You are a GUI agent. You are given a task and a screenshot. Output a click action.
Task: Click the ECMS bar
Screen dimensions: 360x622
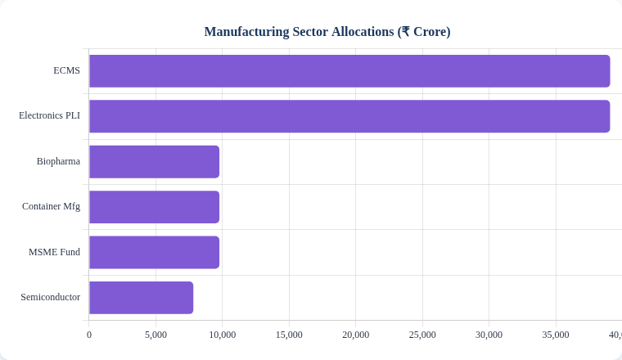click(349, 71)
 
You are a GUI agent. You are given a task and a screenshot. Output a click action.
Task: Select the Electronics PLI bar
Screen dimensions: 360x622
click(349, 116)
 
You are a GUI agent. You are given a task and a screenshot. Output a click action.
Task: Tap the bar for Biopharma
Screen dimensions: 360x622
click(154, 162)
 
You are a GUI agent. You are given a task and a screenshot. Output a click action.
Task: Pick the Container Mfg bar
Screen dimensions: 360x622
click(154, 207)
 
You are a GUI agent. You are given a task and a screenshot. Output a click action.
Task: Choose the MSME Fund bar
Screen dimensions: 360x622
click(154, 252)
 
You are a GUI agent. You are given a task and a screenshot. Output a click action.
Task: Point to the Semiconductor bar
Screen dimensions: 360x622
click(141, 298)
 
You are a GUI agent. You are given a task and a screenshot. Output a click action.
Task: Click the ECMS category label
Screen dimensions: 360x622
click(66, 70)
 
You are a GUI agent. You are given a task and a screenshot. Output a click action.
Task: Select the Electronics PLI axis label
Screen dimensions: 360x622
click(49, 115)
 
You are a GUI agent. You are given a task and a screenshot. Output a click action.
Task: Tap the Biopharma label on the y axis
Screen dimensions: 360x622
click(58, 161)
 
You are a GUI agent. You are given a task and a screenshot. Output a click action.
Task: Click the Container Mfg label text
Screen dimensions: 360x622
click(51, 206)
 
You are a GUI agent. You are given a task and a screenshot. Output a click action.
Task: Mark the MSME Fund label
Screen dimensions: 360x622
click(54, 252)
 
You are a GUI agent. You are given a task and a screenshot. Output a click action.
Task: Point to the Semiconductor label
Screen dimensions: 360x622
click(50, 297)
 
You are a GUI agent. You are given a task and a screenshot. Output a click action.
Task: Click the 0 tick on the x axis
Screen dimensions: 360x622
click(89, 335)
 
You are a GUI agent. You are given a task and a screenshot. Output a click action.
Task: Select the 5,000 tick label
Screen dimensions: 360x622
click(155, 335)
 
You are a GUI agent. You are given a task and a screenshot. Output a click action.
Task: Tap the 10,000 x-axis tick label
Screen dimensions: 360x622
click(222, 335)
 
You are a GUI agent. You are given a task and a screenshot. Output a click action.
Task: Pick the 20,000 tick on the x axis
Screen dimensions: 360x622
click(355, 335)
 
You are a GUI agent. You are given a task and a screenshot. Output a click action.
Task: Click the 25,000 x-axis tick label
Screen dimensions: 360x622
click(422, 335)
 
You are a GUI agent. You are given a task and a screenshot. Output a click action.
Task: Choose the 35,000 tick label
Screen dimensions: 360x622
click(556, 335)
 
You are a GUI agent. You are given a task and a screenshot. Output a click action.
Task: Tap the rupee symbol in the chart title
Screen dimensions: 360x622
click(405, 32)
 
